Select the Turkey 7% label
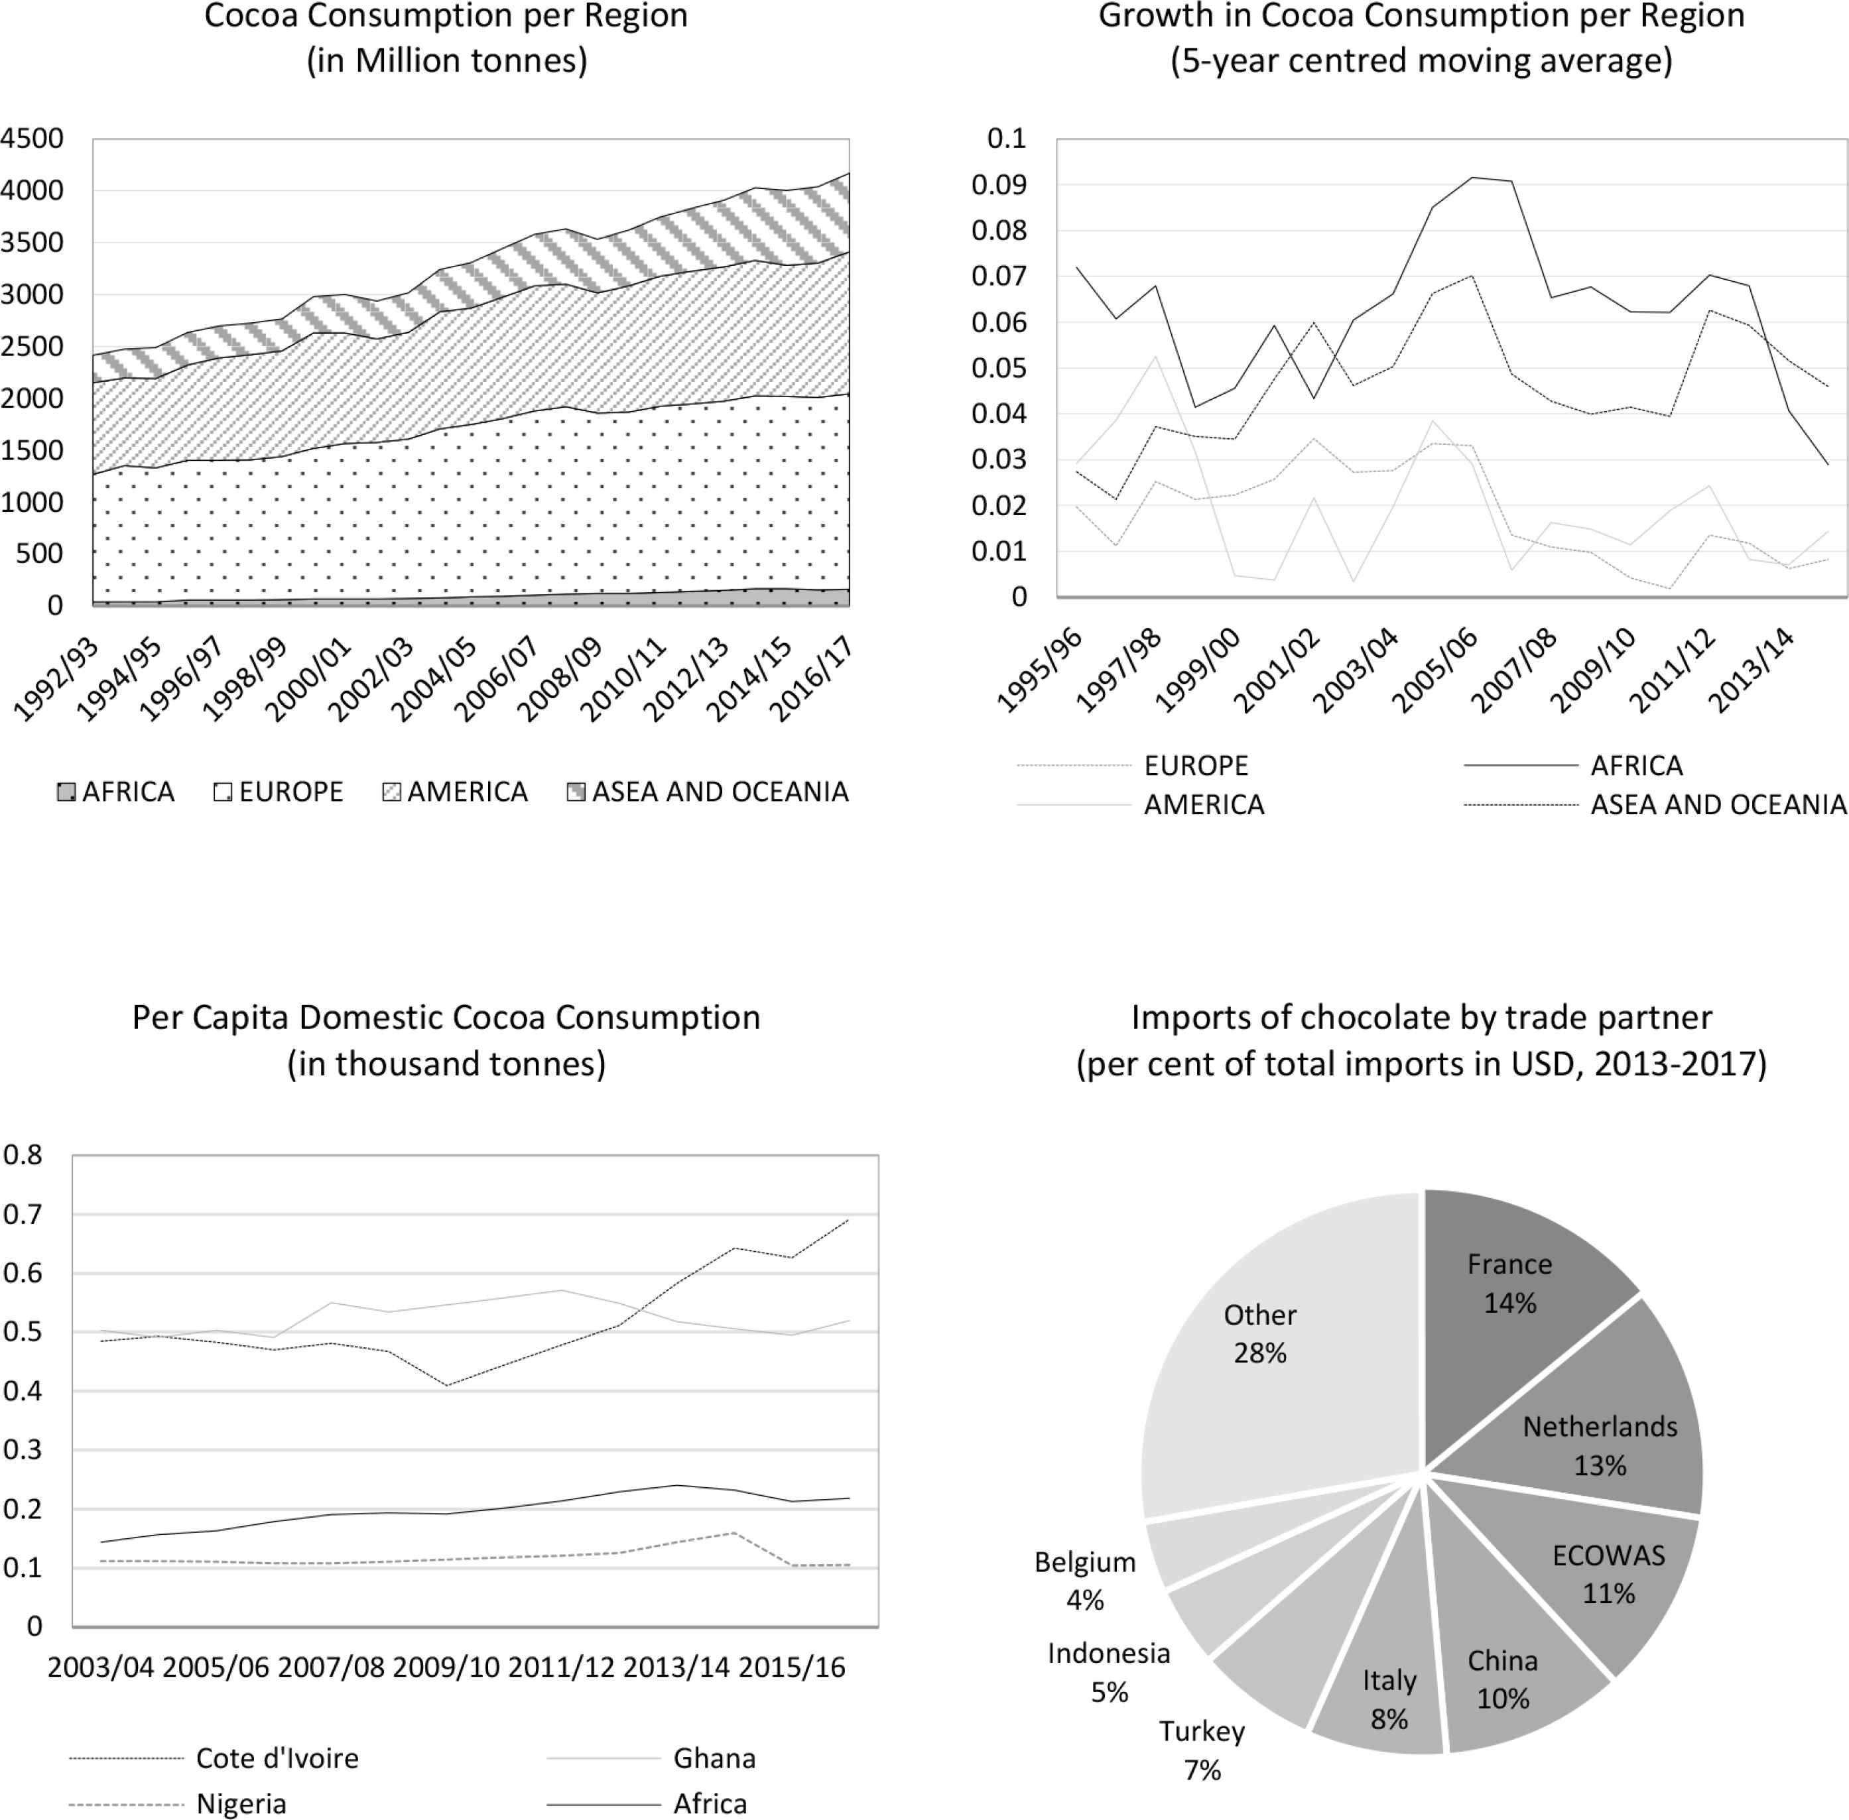point(1202,1750)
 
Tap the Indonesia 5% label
point(1109,1672)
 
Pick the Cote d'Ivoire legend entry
point(214,1758)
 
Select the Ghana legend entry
point(651,1758)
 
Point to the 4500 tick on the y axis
point(32,139)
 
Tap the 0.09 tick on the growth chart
point(999,184)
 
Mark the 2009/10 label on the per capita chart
point(446,1667)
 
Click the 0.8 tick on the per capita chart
point(23,1155)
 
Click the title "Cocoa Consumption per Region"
point(446,17)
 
